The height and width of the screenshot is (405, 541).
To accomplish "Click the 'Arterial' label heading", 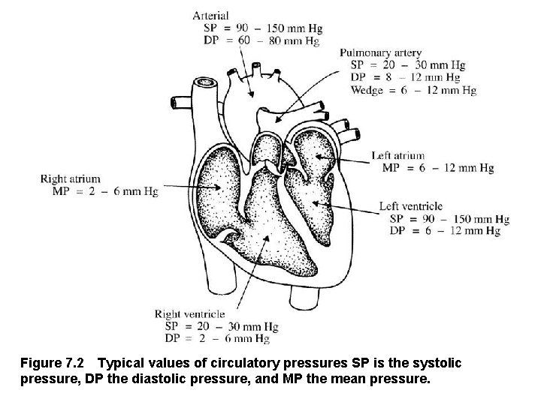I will coord(211,14).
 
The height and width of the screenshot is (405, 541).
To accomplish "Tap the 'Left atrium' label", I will coord(398,156).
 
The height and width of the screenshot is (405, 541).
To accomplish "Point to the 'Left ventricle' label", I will coord(411,206).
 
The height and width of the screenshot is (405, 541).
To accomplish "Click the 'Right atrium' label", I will coord(69,179).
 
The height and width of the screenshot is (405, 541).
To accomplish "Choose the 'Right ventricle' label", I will coord(189,314).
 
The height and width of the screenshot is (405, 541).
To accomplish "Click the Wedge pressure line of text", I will coord(413,91).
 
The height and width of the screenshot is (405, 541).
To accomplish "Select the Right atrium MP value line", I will coord(104,192).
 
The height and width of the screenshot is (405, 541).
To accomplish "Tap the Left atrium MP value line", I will coord(437,168).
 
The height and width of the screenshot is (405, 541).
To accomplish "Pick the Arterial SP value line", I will coord(263,28).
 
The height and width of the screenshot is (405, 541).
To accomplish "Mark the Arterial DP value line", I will coord(261,41).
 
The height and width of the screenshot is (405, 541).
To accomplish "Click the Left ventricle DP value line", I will coord(445,231).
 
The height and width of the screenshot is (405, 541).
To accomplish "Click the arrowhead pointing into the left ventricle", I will coord(314,202).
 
